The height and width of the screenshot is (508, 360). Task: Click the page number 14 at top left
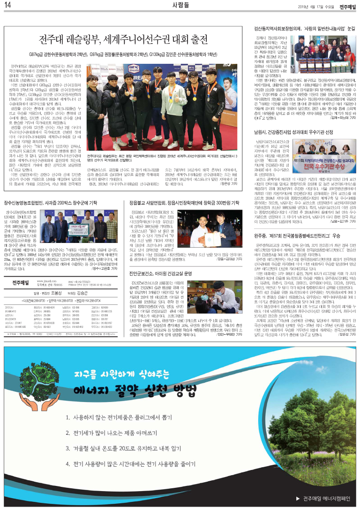(8, 6)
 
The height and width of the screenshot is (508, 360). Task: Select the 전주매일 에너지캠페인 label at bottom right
(322, 497)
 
